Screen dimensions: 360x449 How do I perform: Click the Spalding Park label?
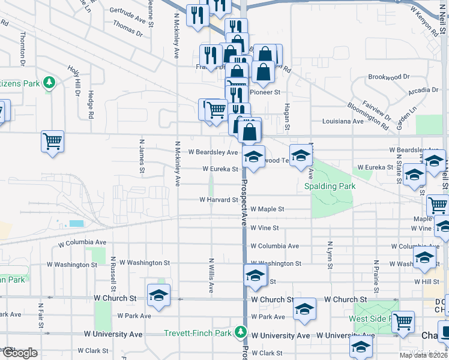click(x=329, y=186)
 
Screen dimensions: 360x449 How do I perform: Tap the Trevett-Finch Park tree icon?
click(x=241, y=331)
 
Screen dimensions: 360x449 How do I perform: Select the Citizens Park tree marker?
click(x=49, y=82)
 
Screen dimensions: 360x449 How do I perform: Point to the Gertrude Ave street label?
click(x=128, y=11)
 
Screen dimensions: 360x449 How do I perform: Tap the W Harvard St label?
click(x=218, y=199)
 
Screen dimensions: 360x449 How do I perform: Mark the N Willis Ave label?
click(x=211, y=275)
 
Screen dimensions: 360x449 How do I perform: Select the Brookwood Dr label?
click(x=388, y=77)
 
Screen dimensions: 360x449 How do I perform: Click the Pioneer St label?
click(x=265, y=92)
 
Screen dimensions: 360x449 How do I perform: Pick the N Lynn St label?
click(x=330, y=254)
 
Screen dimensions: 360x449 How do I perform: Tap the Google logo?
click(x=19, y=353)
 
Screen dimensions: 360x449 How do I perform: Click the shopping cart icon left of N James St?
click(x=53, y=142)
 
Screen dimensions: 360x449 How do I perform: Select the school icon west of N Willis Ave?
click(x=159, y=295)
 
